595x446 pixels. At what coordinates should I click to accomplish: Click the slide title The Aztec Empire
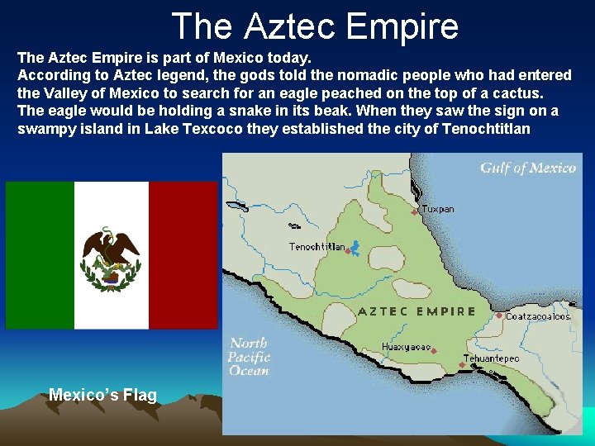click(x=314, y=26)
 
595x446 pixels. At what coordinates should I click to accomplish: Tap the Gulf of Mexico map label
click(x=528, y=168)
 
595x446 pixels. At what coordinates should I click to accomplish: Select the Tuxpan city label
click(x=437, y=210)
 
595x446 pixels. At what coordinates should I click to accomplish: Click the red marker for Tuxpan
click(x=415, y=212)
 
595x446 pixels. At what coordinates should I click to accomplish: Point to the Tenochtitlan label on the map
click(x=317, y=247)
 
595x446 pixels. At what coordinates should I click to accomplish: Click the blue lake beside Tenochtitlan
click(x=355, y=246)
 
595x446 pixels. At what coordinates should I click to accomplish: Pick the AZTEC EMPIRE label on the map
click(x=416, y=311)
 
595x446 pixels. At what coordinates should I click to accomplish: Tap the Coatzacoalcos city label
click(x=538, y=316)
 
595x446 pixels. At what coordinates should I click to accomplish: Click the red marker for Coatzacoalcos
click(x=499, y=316)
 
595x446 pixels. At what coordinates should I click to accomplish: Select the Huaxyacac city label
click(x=406, y=347)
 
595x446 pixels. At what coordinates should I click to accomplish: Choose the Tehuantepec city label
click(x=491, y=359)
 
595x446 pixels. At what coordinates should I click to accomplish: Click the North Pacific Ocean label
click(x=249, y=357)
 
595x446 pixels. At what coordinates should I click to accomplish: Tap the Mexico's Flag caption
click(x=102, y=395)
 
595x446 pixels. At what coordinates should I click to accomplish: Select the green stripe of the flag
click(x=40, y=255)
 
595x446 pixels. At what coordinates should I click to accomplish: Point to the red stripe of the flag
click(x=183, y=255)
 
